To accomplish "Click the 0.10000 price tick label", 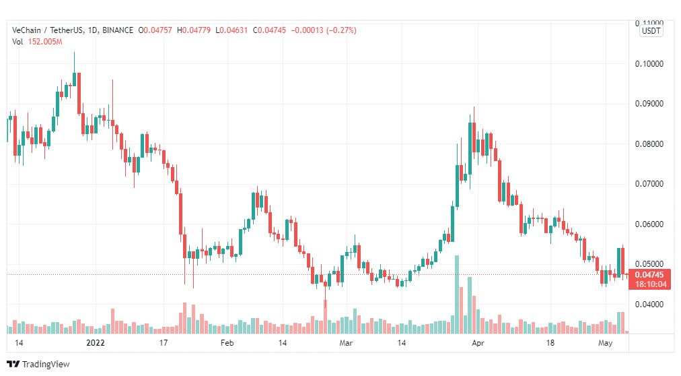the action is pyautogui.click(x=649, y=64).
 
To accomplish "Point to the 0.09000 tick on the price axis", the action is pyautogui.click(x=649, y=104).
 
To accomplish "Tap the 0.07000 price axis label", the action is pyautogui.click(x=649, y=184).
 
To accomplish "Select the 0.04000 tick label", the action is pyautogui.click(x=649, y=305).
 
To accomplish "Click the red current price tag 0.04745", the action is pyautogui.click(x=649, y=275).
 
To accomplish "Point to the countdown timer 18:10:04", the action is pyautogui.click(x=650, y=284).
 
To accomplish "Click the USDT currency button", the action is pyautogui.click(x=651, y=31).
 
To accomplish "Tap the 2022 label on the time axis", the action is pyautogui.click(x=96, y=343).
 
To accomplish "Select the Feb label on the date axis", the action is pyautogui.click(x=227, y=343).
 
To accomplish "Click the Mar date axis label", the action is pyautogui.click(x=346, y=343).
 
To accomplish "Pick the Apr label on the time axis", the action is pyautogui.click(x=478, y=343).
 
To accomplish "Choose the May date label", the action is pyautogui.click(x=605, y=343).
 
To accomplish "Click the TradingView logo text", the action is pyautogui.click(x=46, y=365).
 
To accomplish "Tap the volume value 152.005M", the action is pyautogui.click(x=45, y=42).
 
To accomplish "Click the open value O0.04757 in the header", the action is pyautogui.click(x=155, y=30).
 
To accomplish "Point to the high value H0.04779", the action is pyautogui.click(x=194, y=30).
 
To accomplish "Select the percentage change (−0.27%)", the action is pyautogui.click(x=341, y=30).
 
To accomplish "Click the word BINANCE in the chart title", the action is pyautogui.click(x=118, y=30).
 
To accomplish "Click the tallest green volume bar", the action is pyautogui.click(x=456, y=294).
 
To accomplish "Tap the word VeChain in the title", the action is pyautogui.click(x=26, y=30).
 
